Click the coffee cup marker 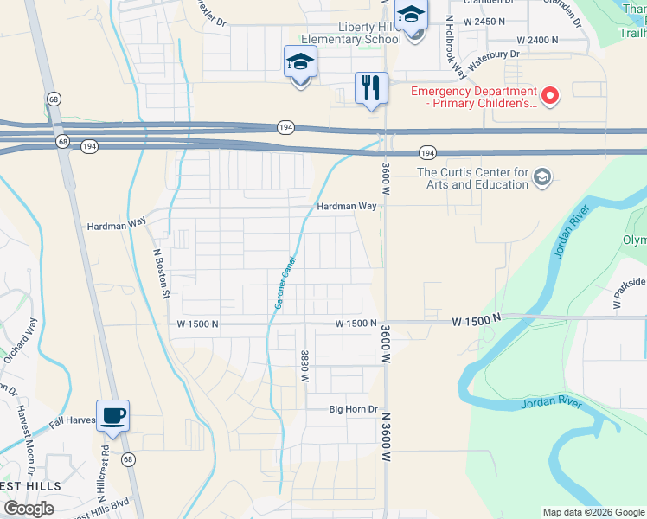pos(112,416)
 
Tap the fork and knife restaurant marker pos(371,87)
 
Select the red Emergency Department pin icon pos(549,93)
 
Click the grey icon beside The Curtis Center pos(542,177)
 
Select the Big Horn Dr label pos(354,409)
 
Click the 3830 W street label pos(304,366)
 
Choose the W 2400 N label pos(538,40)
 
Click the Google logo pos(29,509)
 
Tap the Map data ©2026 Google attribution pos(593,512)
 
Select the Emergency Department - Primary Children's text pos(472,96)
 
